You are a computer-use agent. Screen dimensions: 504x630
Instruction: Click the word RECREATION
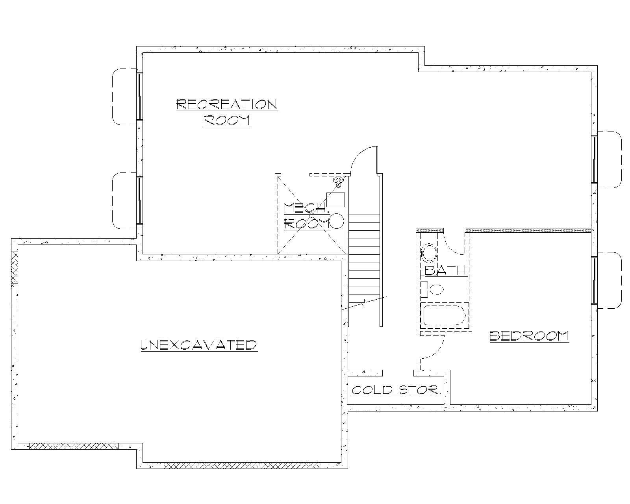227,104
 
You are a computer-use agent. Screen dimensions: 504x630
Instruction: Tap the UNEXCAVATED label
199,345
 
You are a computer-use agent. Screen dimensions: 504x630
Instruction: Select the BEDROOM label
529,336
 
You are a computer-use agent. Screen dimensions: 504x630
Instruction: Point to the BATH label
445,270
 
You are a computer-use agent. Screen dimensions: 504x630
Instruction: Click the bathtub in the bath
444,315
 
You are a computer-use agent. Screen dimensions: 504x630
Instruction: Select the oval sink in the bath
429,253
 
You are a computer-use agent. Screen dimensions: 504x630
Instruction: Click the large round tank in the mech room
337,221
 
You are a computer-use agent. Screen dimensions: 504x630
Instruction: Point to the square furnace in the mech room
336,200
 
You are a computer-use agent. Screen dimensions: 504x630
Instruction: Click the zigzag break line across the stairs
365,303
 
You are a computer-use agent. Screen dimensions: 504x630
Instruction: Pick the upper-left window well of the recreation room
124,96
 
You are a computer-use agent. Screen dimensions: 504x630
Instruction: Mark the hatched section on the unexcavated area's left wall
15,267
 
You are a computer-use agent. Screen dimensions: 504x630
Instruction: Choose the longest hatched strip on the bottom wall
242,465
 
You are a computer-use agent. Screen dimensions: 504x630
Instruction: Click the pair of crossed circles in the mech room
339,182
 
